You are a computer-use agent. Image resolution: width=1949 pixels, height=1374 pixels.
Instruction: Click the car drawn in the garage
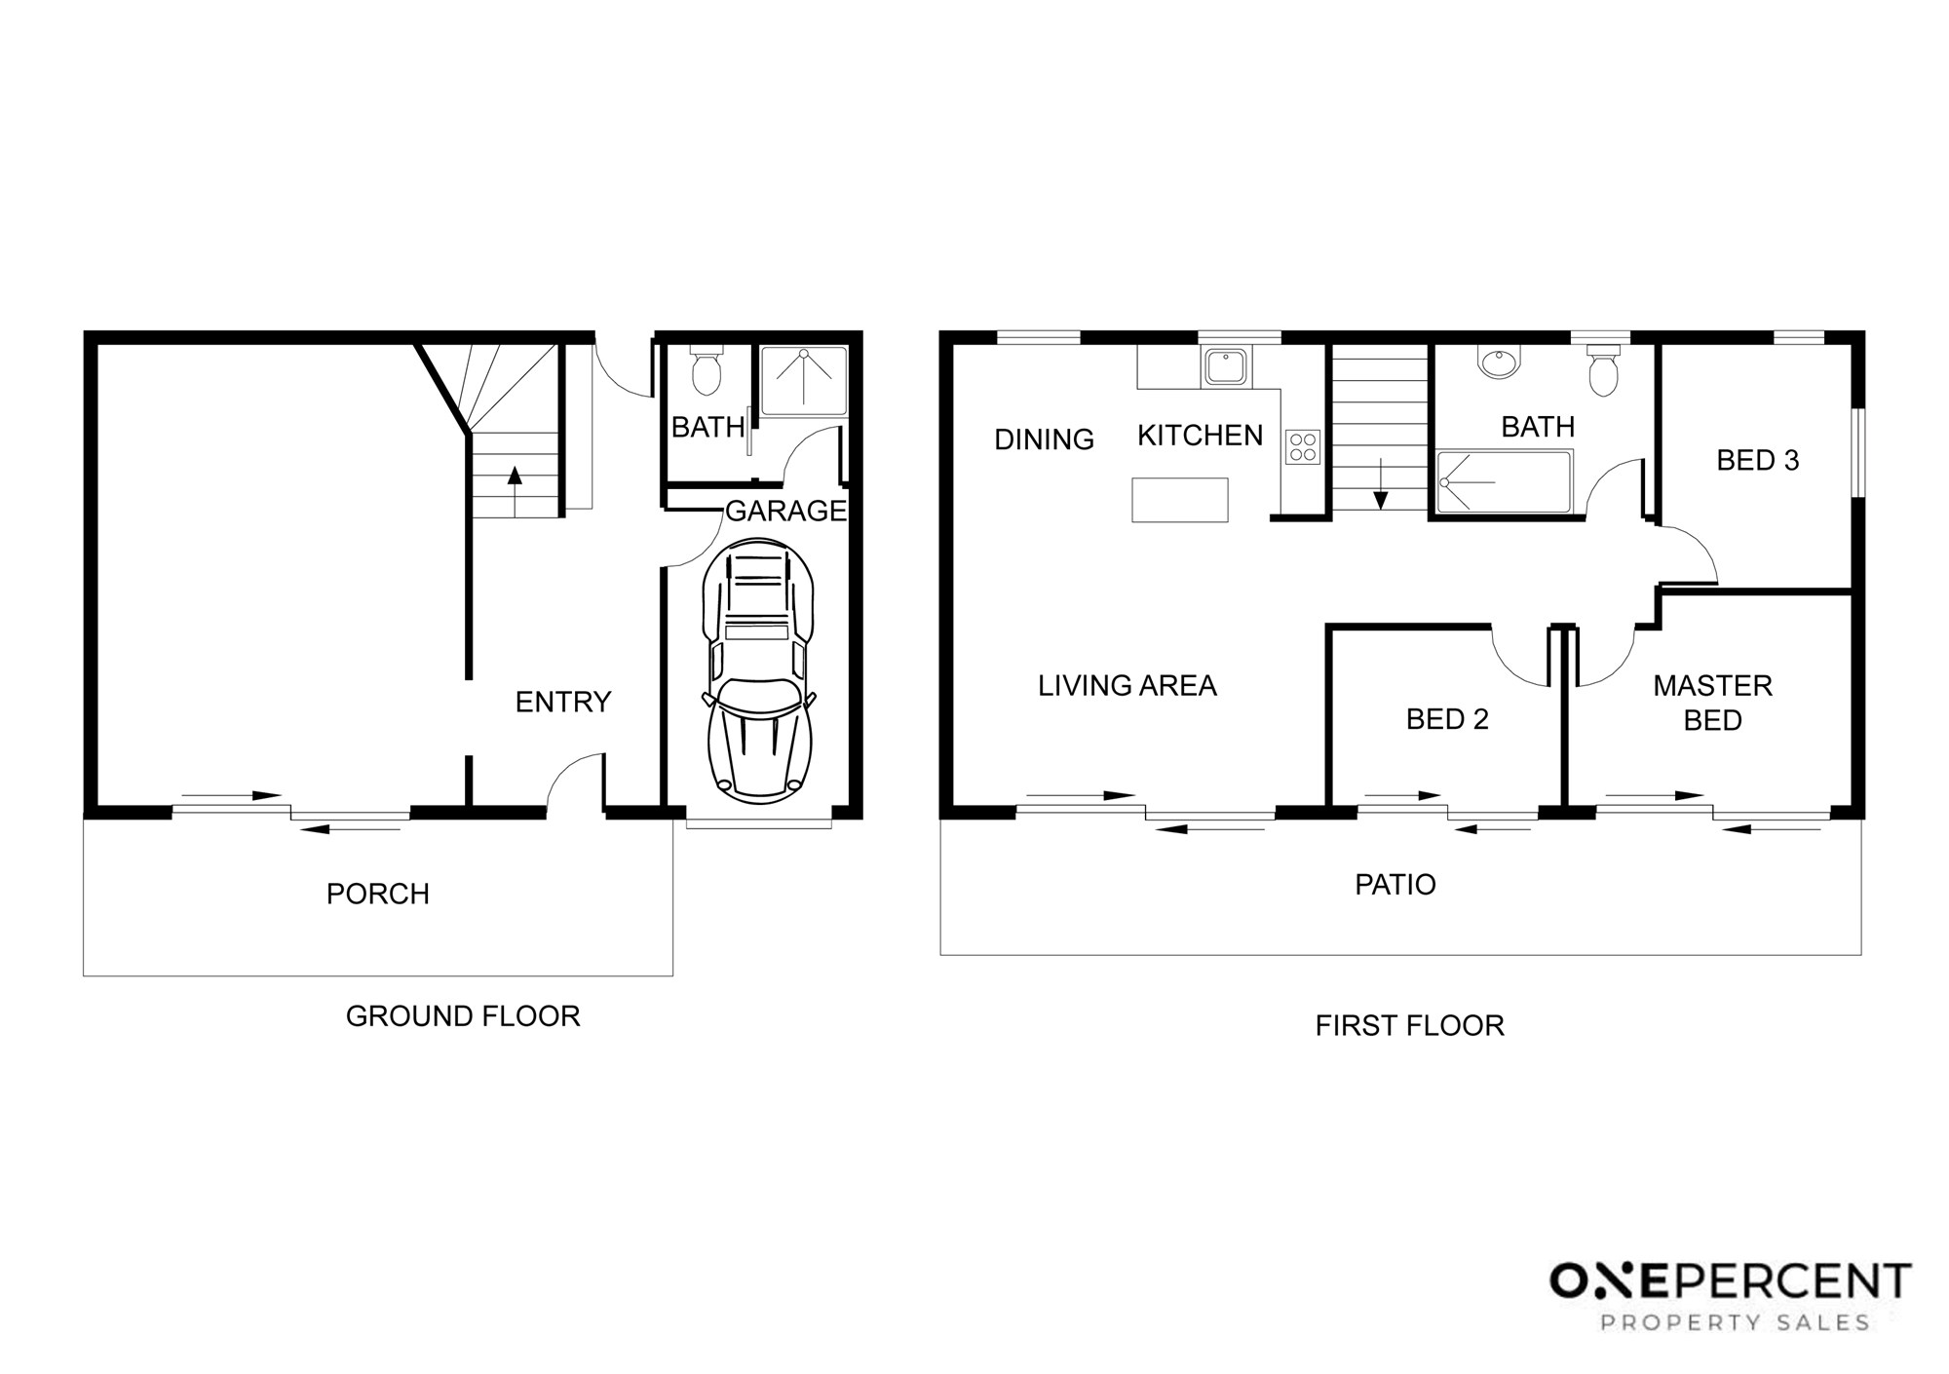[x=759, y=671]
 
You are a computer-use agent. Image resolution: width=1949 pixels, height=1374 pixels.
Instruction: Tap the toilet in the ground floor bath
[x=706, y=370]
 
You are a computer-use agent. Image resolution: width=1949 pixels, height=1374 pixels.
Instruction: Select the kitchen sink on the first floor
[x=1226, y=366]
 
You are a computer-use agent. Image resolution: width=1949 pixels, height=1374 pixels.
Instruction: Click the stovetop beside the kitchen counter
[x=1303, y=447]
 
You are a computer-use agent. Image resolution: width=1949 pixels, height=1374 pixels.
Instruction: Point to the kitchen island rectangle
[x=1180, y=500]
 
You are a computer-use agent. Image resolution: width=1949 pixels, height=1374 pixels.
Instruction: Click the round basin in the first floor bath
[x=1498, y=363]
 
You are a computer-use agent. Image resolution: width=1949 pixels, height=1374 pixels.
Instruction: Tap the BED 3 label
[x=1758, y=460]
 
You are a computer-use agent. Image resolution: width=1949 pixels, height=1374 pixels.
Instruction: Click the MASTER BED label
[x=1713, y=703]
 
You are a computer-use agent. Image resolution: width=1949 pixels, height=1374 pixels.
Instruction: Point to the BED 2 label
[x=1447, y=719]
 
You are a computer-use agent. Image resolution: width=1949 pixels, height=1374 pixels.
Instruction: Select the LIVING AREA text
[x=1127, y=686]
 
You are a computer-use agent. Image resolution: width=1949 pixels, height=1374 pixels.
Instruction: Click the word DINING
[x=1044, y=439]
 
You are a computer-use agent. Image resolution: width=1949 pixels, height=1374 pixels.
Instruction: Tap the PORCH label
[x=378, y=894]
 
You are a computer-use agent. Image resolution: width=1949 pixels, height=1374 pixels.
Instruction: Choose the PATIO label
[x=1395, y=885]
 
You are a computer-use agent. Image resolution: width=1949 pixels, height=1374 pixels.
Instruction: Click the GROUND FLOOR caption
[x=463, y=1016]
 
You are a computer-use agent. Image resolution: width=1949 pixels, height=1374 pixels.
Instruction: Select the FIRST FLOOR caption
[x=1410, y=1025]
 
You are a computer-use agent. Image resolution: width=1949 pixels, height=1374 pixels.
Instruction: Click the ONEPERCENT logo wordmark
[x=1731, y=1280]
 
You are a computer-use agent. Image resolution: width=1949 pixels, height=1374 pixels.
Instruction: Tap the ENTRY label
[x=563, y=702]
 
